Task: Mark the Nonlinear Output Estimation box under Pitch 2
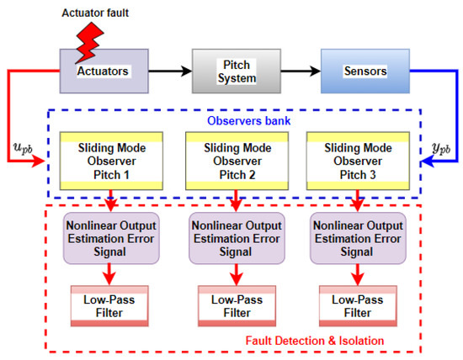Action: (x=231, y=237)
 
